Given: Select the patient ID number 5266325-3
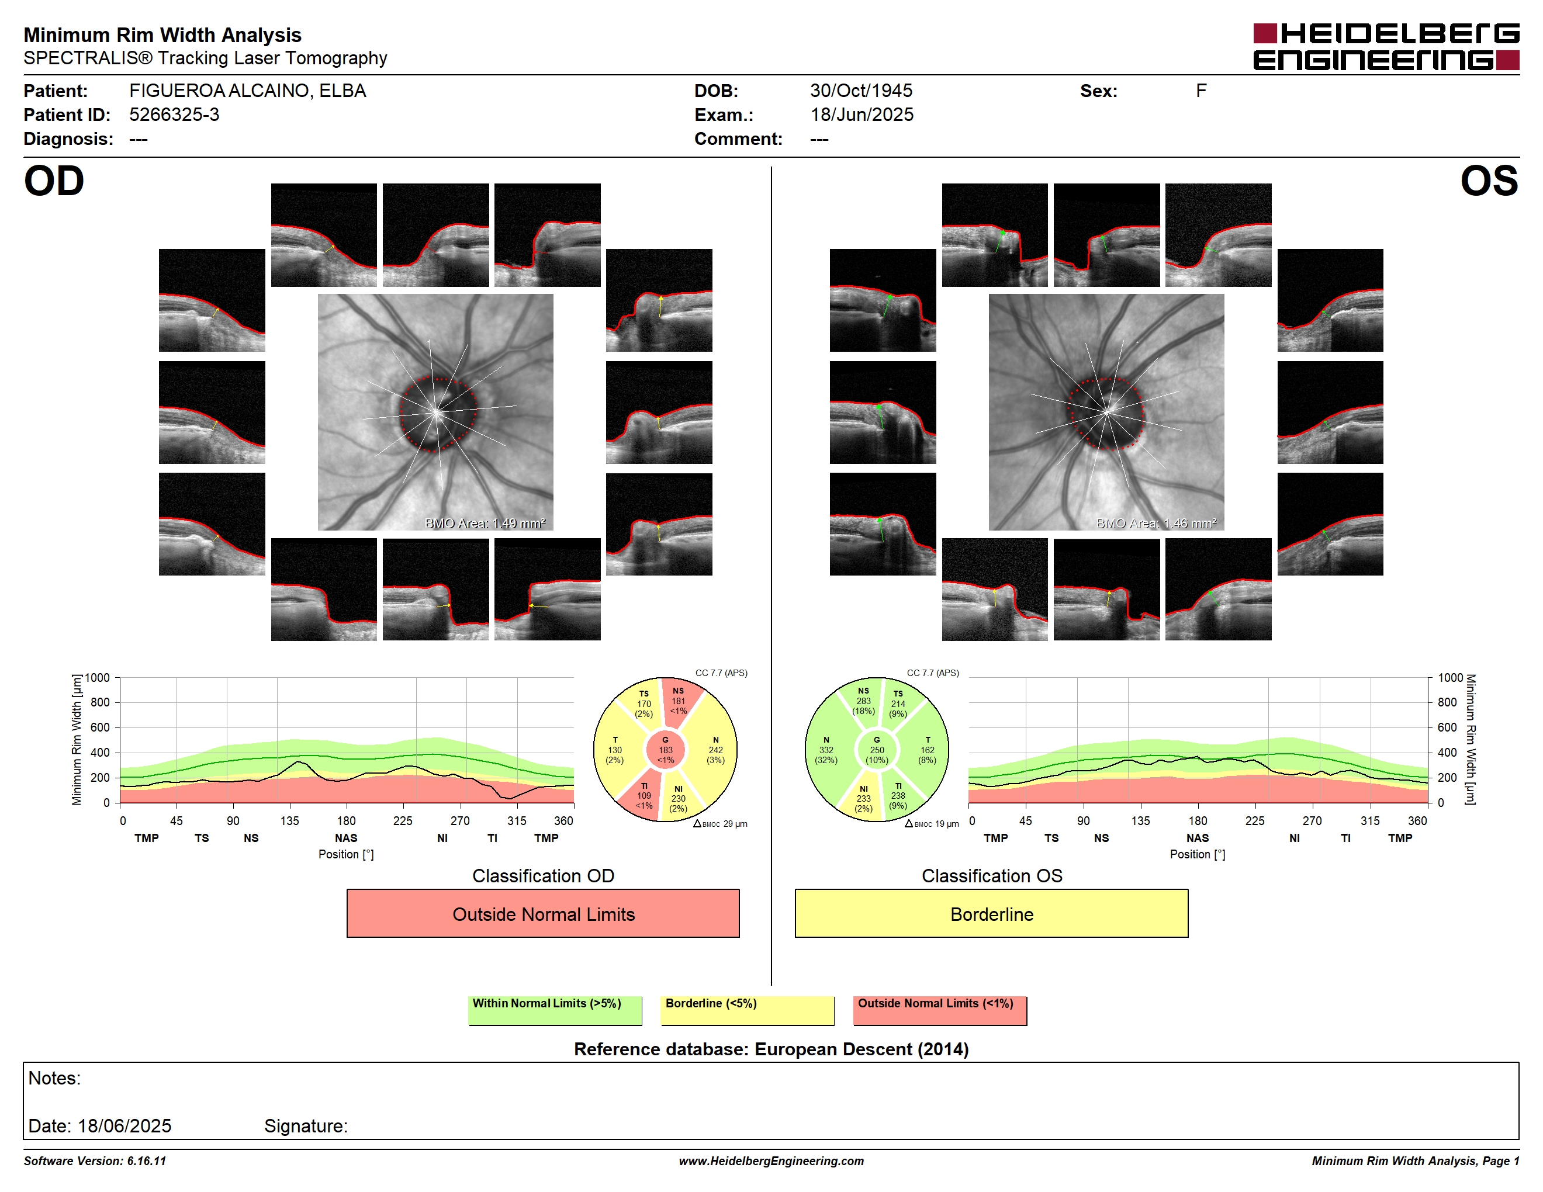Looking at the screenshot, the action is [x=174, y=115].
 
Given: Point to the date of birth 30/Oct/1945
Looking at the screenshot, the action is [x=860, y=91].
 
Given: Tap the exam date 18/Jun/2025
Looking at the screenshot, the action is [x=862, y=115].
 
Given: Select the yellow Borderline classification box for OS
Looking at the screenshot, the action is [x=991, y=913].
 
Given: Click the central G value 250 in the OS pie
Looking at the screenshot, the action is [x=877, y=750].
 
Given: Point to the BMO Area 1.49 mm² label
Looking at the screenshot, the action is [x=485, y=524].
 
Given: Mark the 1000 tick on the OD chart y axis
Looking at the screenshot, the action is [x=98, y=678].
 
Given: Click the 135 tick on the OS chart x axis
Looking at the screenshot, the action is [x=1140, y=820].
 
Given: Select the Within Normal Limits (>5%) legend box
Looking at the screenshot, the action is [x=555, y=1010].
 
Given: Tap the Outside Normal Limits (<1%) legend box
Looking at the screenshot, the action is [x=940, y=1010].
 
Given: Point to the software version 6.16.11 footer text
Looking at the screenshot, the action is [x=95, y=1161].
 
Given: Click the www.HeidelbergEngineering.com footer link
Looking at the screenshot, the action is [x=771, y=1161].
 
